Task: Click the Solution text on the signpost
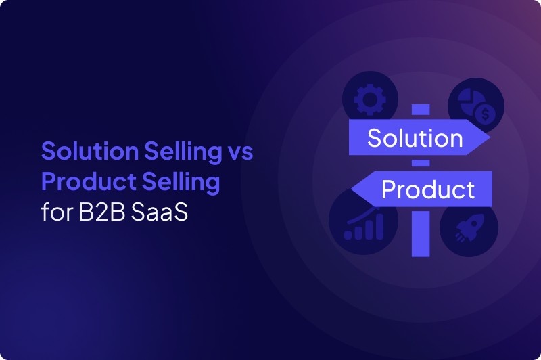[x=415, y=138]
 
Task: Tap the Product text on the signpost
[x=428, y=189]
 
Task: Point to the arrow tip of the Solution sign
[x=486, y=138]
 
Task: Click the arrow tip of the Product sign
[x=355, y=189]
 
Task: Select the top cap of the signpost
[x=421, y=110]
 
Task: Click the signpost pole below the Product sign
[x=421, y=233]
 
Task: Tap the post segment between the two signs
[x=421, y=163]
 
